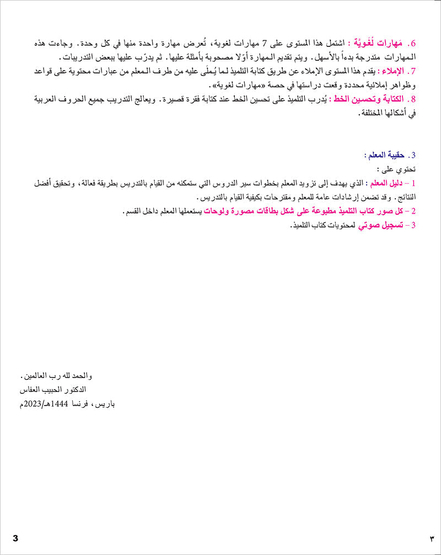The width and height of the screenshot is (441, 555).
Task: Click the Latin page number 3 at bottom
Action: pyautogui.click(x=15, y=538)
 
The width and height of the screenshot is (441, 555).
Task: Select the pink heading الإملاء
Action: pyautogui.click(x=395, y=72)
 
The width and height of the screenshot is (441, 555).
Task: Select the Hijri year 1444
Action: pyautogui.click(x=57, y=404)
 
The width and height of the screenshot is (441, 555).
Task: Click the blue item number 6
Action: pyautogui.click(x=418, y=43)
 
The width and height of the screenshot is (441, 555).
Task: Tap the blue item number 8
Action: pyautogui.click(x=418, y=99)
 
